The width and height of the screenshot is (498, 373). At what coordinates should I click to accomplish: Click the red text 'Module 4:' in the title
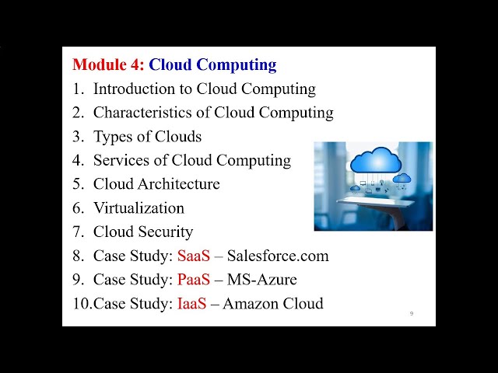coord(108,65)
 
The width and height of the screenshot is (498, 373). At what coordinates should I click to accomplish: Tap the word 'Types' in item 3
coord(114,137)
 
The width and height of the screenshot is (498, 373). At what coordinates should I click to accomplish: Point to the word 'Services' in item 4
coord(121,161)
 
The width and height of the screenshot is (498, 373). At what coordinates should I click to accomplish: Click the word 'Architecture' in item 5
coord(179,184)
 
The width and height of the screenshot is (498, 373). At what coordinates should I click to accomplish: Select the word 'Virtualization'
coord(139,208)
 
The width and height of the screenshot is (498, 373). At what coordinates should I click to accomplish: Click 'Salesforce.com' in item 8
coord(278,256)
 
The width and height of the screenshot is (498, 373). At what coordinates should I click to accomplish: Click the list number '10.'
coord(82,304)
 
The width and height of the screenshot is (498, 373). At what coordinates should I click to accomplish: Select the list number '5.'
coord(78,184)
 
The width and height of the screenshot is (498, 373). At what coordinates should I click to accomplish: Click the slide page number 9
coord(411,313)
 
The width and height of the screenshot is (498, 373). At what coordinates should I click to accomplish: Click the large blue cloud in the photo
coord(375,161)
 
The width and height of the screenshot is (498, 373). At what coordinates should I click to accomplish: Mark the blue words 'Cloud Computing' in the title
coord(212,65)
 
